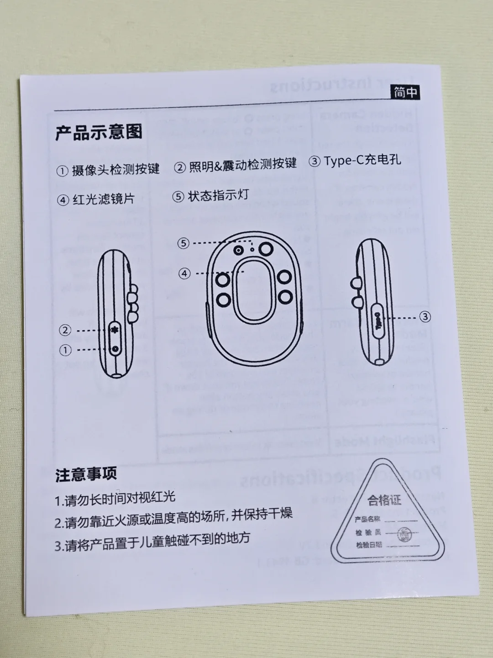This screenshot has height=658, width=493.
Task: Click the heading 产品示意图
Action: (x=99, y=132)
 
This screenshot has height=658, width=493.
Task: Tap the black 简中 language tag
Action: (x=405, y=92)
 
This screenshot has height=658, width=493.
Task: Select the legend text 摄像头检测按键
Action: (x=115, y=170)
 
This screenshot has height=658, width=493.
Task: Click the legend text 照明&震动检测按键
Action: (x=242, y=165)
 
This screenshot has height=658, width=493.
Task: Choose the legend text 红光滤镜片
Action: (x=104, y=200)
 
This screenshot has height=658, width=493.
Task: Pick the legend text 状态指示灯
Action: (x=218, y=196)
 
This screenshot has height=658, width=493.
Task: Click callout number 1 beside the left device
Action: (x=65, y=350)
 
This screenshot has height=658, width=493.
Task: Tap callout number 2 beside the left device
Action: (x=65, y=330)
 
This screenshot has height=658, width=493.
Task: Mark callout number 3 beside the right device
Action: (x=425, y=316)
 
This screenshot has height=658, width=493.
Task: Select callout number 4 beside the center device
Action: (x=184, y=274)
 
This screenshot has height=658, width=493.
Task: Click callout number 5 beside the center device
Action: (x=183, y=243)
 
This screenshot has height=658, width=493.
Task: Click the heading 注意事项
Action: (x=86, y=474)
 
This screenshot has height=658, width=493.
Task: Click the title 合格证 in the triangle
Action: (x=384, y=500)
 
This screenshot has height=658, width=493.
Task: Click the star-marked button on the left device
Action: (x=115, y=330)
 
